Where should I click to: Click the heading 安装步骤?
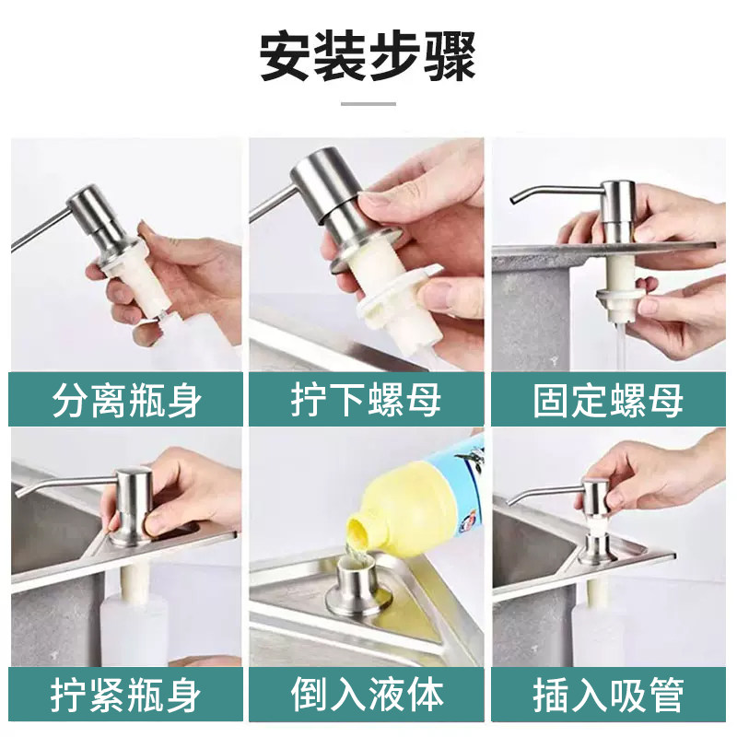click(x=368, y=56)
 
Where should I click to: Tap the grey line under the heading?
click(x=368, y=104)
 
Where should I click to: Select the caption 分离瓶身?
click(x=126, y=400)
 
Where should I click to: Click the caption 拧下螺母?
click(x=366, y=400)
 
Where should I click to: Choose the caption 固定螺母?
click(x=608, y=400)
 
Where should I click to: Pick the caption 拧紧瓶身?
click(x=126, y=695)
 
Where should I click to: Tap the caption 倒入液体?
click(x=367, y=695)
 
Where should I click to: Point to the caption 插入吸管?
click(x=608, y=695)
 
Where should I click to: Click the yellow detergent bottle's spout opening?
click(x=358, y=531)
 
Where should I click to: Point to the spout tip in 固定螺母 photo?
click(x=514, y=201)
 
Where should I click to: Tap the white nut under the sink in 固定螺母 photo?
click(x=620, y=298)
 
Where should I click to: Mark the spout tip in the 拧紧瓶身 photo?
click(x=19, y=494)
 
